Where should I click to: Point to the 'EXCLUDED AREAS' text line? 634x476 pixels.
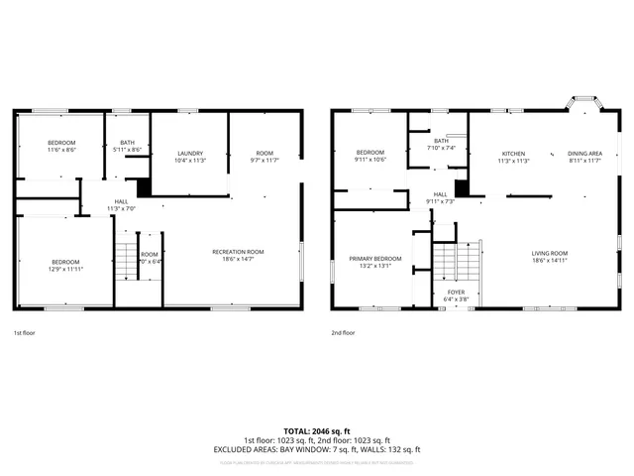click(317, 449)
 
